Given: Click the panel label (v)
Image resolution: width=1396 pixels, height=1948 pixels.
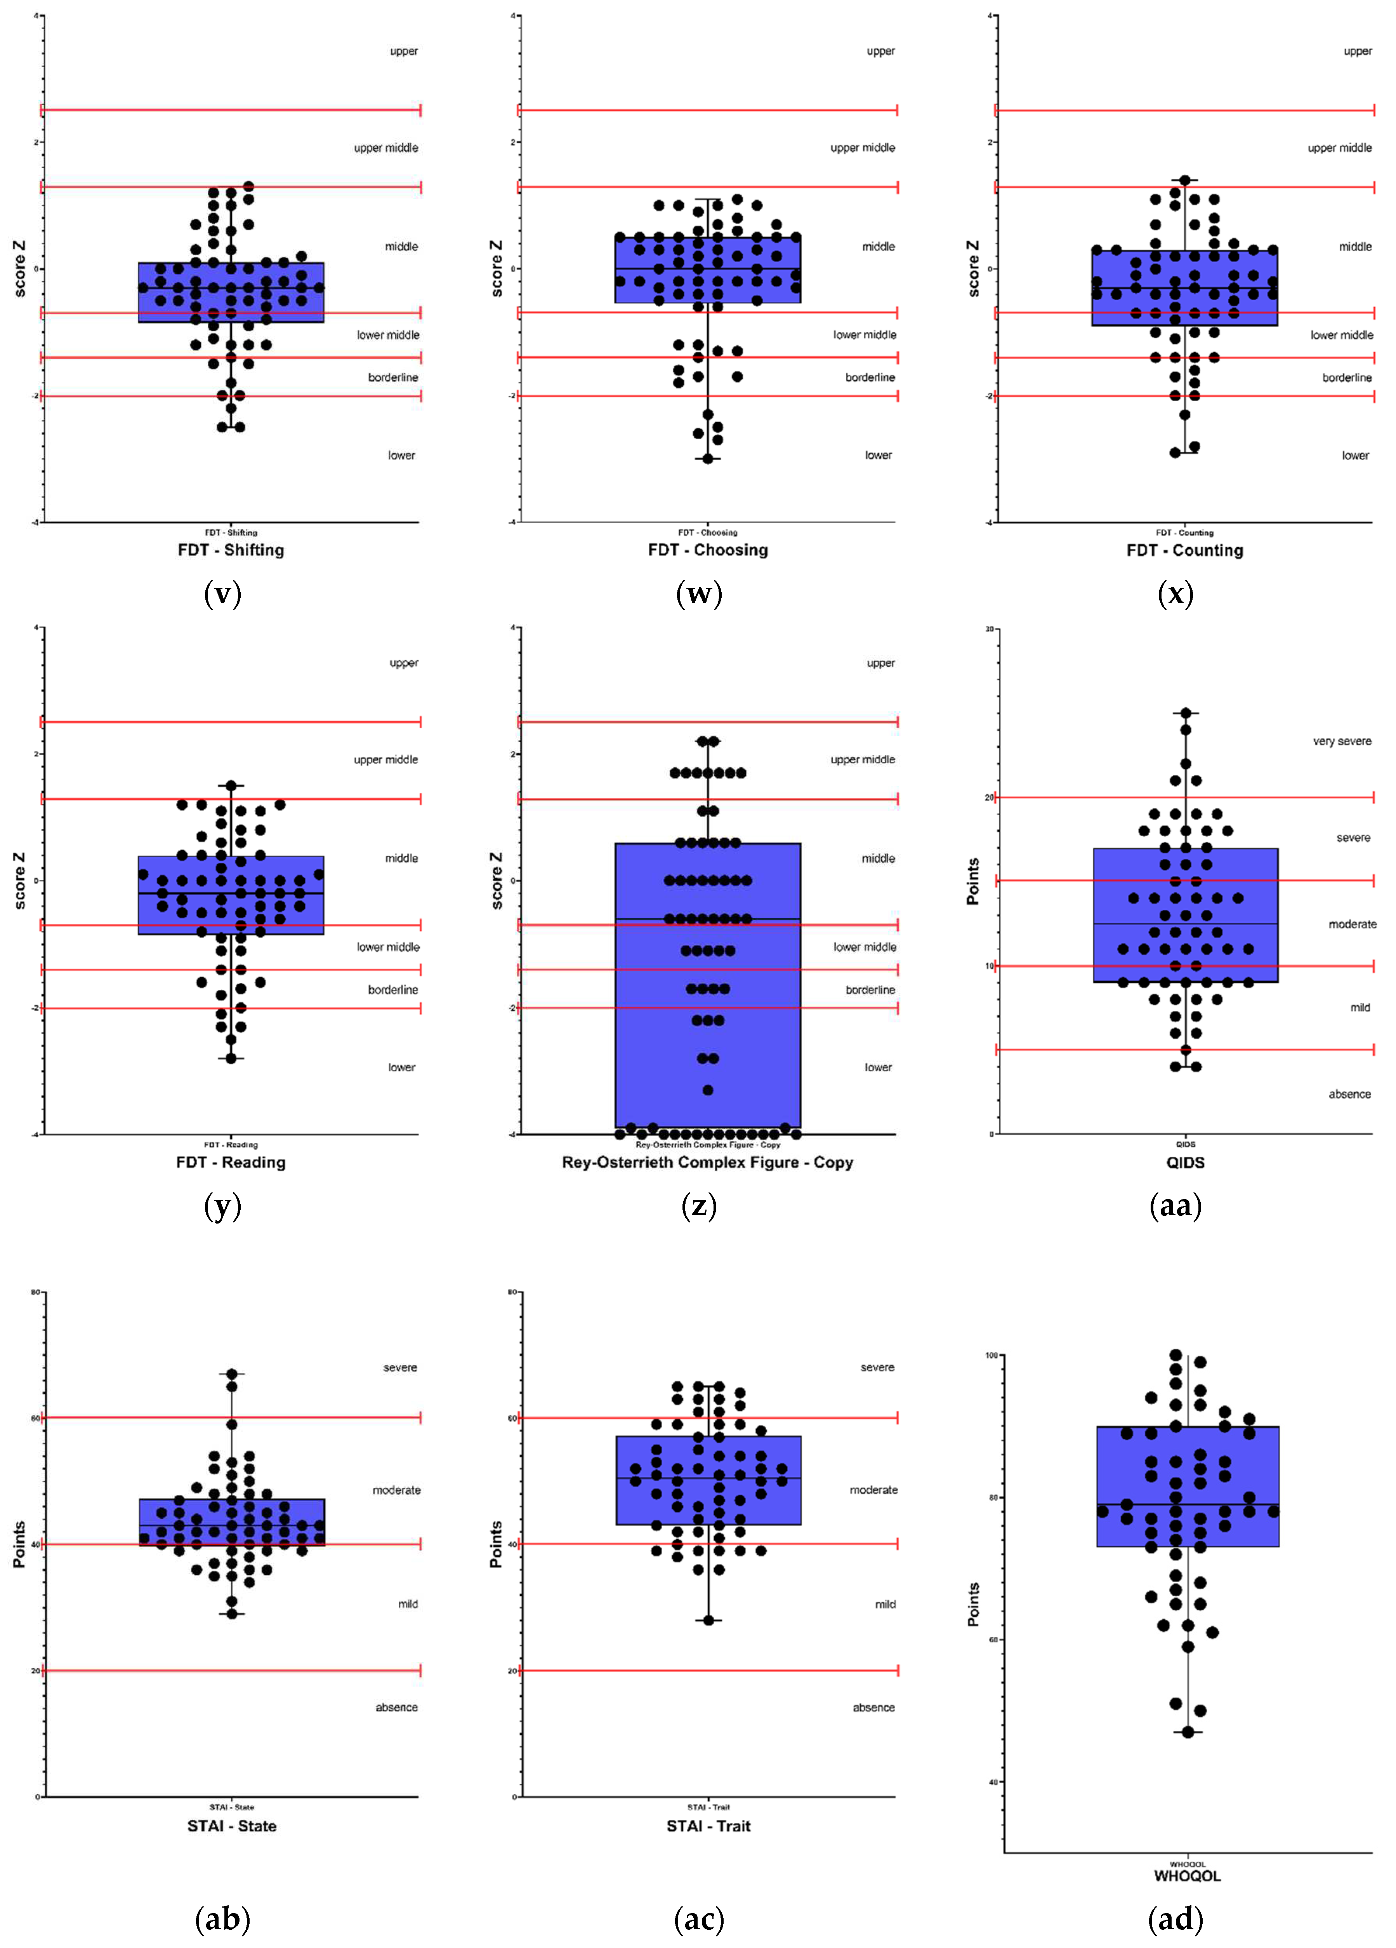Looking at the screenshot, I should pyautogui.click(x=222, y=594).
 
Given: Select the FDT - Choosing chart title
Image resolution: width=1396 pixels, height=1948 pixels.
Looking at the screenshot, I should pyautogui.click(x=707, y=550).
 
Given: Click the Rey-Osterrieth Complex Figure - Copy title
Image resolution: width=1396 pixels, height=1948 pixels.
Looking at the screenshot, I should pyautogui.click(x=707, y=1162).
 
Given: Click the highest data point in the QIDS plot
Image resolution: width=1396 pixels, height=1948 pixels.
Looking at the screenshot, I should pyautogui.click(x=1186, y=713).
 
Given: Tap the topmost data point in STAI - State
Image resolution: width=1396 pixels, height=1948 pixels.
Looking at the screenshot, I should pyautogui.click(x=232, y=1374).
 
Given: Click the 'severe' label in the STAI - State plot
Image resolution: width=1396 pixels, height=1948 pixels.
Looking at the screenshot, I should pyautogui.click(x=400, y=1367).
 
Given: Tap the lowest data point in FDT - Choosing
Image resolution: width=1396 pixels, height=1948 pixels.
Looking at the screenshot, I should pyautogui.click(x=708, y=459).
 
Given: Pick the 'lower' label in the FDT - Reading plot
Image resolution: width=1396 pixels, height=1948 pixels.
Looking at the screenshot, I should pyautogui.click(x=401, y=1068).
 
